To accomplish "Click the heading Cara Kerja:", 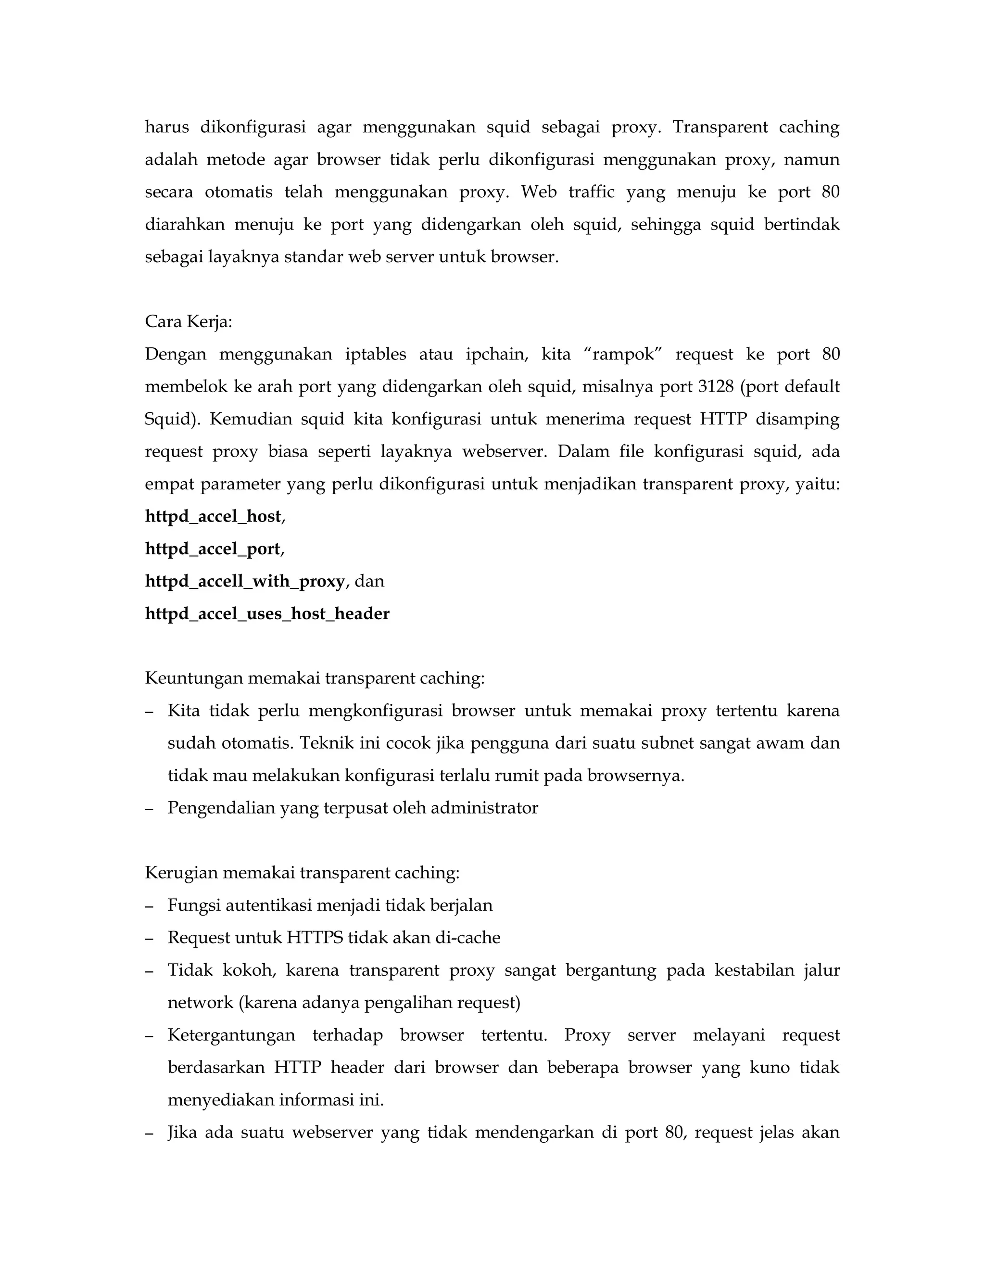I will (x=189, y=322).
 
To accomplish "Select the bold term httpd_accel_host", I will (x=214, y=517).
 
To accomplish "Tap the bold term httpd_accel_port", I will (x=213, y=549).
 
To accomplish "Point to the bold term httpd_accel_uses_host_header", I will (x=267, y=614).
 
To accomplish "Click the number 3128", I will (x=715, y=386).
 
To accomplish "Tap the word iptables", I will (x=376, y=355).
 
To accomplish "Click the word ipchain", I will (x=496, y=355).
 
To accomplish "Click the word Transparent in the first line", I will (x=720, y=127).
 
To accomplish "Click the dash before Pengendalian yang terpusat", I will (x=150, y=809).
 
